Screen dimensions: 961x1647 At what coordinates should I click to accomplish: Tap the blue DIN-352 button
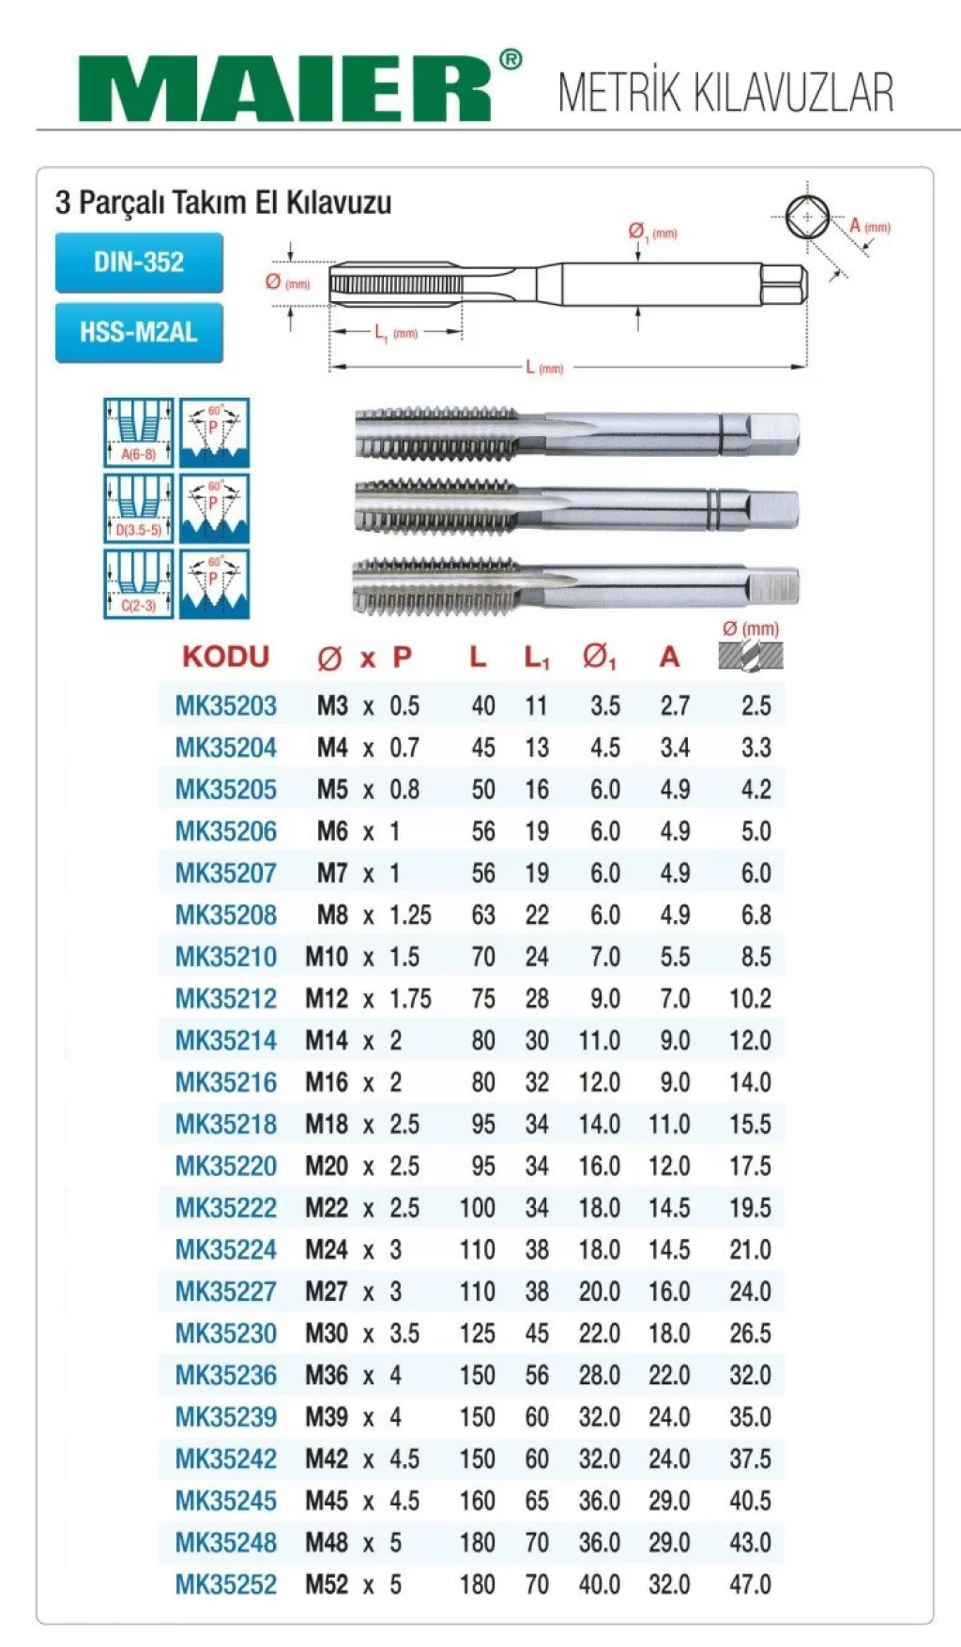coord(139,263)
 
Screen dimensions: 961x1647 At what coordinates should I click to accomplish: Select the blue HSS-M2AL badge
coord(139,332)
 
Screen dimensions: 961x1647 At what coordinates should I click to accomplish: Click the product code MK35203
coord(226,706)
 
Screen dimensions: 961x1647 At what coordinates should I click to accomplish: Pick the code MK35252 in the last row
coord(226,1585)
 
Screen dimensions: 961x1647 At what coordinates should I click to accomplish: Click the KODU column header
coord(225,657)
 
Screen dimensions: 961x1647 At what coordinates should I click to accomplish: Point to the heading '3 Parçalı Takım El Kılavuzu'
coord(223,203)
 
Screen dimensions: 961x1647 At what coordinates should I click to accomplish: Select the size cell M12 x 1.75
coord(369,999)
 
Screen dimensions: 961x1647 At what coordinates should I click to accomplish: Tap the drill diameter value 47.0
coord(751,1585)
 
